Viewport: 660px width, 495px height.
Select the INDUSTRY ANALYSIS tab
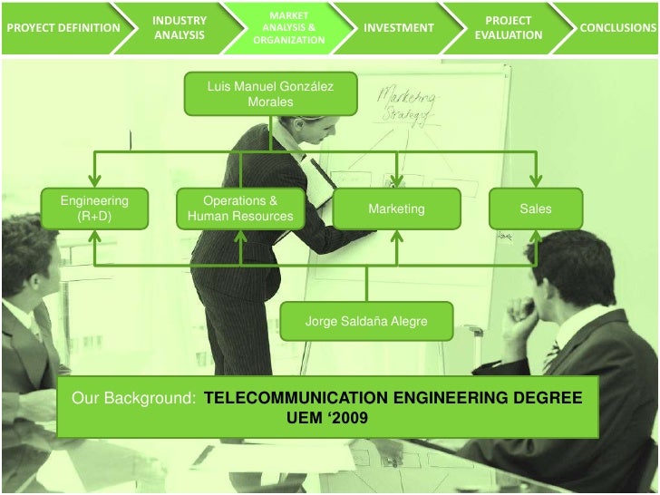click(x=179, y=27)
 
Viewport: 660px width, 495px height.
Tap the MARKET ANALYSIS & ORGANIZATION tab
click(x=288, y=27)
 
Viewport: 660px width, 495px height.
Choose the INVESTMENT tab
click(x=398, y=27)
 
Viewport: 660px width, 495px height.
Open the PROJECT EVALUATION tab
click(x=509, y=27)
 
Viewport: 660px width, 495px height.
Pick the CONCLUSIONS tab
click(x=617, y=27)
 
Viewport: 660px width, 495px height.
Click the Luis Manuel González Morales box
click(x=270, y=94)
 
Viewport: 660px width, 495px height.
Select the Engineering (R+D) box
click(x=94, y=209)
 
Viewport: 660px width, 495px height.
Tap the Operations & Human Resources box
click(x=240, y=209)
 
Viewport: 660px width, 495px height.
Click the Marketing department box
click(x=396, y=209)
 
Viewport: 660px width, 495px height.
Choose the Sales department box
click(x=535, y=209)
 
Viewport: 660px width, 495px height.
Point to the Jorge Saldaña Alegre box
click(x=366, y=321)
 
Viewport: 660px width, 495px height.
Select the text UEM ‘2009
click(x=326, y=419)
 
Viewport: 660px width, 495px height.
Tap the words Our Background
click(x=134, y=399)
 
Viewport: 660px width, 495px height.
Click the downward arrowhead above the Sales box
click(x=535, y=181)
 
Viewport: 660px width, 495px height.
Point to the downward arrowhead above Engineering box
click(x=94, y=181)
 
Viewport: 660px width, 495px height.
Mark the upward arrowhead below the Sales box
click(x=535, y=237)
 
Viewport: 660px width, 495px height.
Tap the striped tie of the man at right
click(x=551, y=355)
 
